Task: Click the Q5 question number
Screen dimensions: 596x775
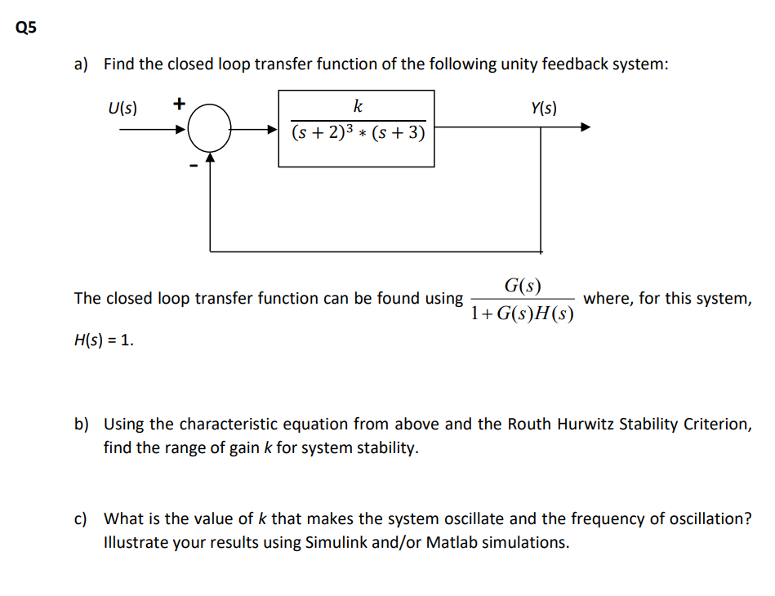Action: coord(26,28)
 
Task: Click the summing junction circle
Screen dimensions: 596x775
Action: coord(212,128)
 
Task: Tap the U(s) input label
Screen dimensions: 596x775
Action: coord(122,107)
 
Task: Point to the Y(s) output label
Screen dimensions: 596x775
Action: coord(543,107)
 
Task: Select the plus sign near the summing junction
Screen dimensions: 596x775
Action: coord(179,105)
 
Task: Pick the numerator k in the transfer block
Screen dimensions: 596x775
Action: coord(358,106)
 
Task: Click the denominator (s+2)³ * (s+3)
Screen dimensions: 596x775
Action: coord(358,132)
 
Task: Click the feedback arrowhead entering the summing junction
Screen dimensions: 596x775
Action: coord(212,158)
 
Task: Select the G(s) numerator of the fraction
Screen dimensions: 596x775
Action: coord(523,285)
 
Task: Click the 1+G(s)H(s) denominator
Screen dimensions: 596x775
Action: coord(523,314)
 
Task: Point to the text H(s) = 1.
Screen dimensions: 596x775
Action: coord(103,340)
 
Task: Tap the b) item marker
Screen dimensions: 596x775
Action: coord(82,425)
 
